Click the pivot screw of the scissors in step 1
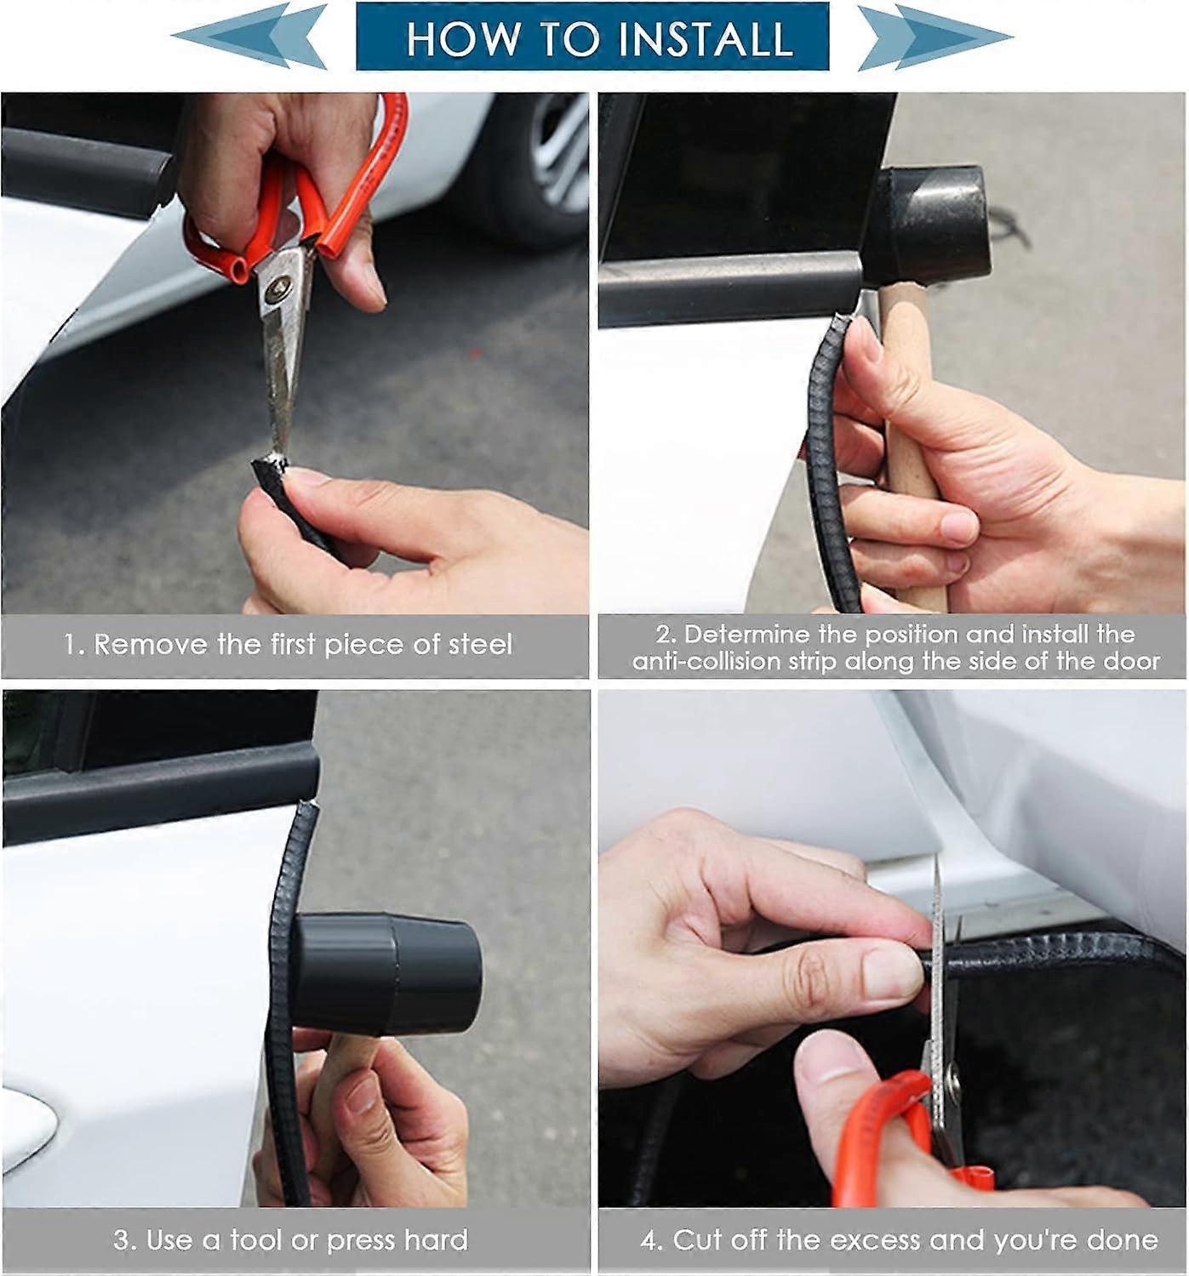tap(277, 289)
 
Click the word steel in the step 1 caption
tap(481, 645)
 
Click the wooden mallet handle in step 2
tap(911, 442)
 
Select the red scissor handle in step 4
tap(885, 1140)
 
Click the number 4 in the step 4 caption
tap(649, 1240)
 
